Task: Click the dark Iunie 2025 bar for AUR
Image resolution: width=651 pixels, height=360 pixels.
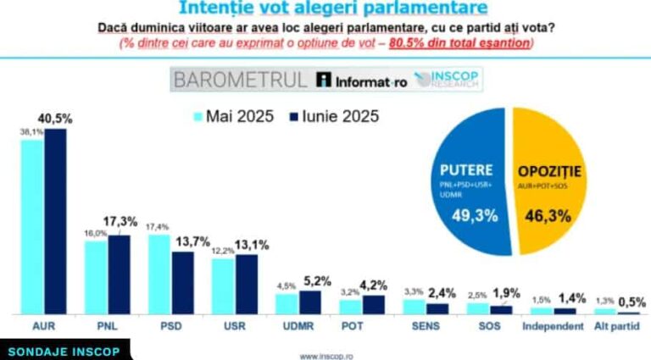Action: click(55, 222)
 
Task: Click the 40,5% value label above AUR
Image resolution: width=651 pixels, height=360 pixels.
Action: click(56, 119)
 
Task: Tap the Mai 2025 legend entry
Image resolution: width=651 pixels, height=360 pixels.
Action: click(234, 116)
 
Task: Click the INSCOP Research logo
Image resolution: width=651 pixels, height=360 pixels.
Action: click(452, 80)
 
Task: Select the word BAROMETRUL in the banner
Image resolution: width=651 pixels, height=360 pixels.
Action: click(240, 80)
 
